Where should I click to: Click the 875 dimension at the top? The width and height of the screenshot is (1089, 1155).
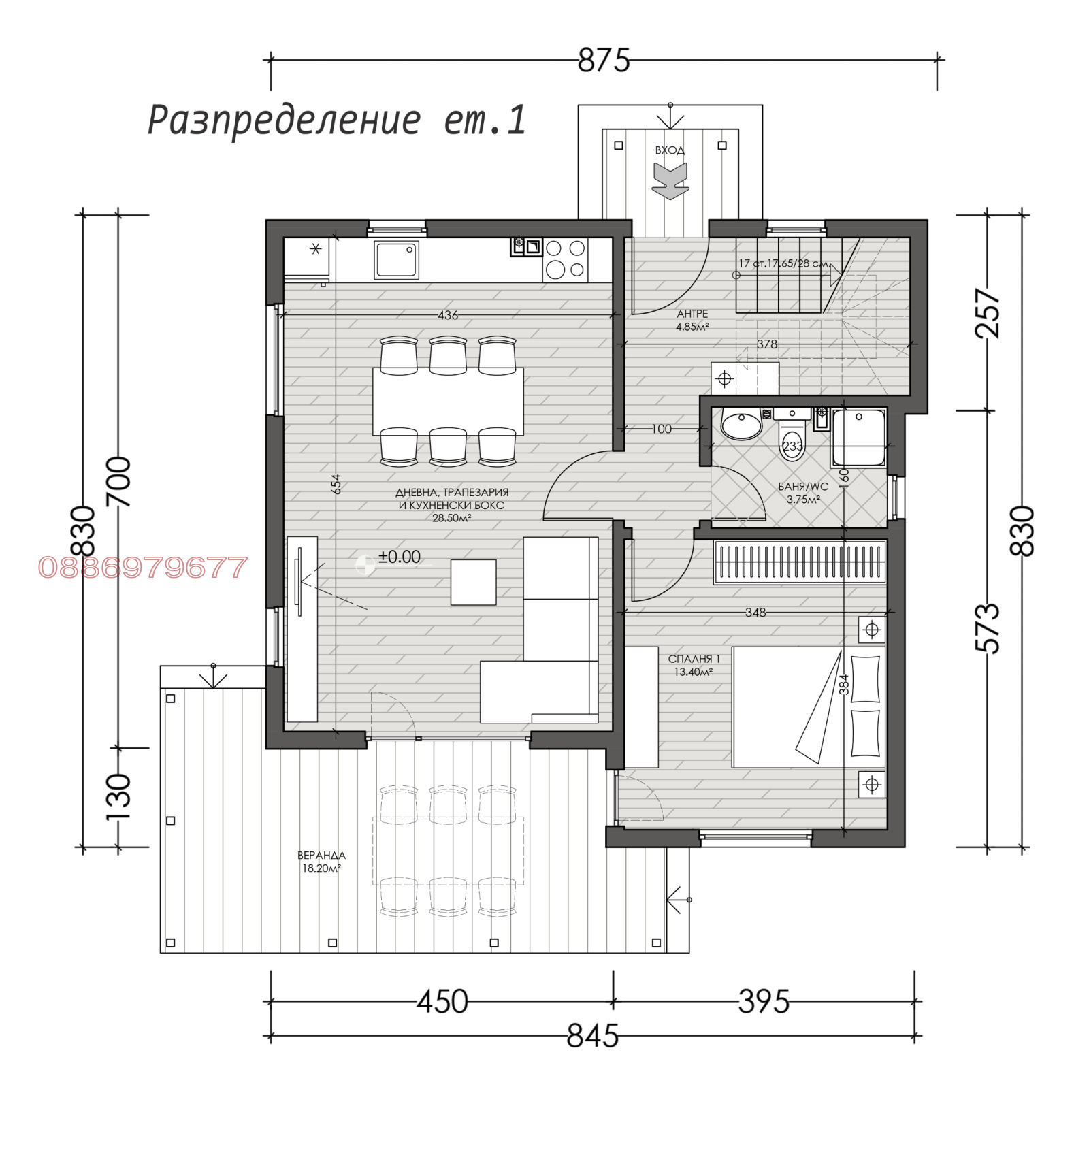pos(603,61)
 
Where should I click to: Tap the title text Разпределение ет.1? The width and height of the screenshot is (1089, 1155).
pos(337,121)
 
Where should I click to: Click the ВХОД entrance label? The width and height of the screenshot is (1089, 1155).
pos(670,150)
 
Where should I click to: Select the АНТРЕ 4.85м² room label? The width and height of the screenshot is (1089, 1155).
pos(692,320)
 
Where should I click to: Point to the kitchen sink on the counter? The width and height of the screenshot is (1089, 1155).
pos(395,260)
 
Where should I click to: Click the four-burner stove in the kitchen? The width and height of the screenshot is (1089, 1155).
pos(565,259)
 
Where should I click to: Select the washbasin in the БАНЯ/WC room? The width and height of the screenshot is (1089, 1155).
pos(741,426)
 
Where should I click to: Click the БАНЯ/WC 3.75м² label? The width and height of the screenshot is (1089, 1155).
pos(803,493)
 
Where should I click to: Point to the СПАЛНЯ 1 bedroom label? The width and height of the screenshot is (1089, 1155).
pos(694,665)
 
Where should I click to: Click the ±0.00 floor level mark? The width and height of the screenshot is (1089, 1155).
pos(399,557)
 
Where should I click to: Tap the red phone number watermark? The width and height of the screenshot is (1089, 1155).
pos(142,568)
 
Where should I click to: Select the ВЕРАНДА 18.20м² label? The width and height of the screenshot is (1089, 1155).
pos(321,862)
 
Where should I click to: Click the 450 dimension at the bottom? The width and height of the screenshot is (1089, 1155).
pos(442,1002)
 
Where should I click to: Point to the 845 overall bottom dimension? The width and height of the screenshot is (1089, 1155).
pos(592,1037)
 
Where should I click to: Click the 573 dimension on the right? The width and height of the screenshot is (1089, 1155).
pos(988,628)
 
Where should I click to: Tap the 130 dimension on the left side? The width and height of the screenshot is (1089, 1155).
pos(118,797)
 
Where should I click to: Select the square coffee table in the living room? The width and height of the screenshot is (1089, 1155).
pos(473,582)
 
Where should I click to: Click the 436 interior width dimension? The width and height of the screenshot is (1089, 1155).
pos(448,315)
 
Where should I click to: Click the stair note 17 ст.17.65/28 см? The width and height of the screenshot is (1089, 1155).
pos(784,263)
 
